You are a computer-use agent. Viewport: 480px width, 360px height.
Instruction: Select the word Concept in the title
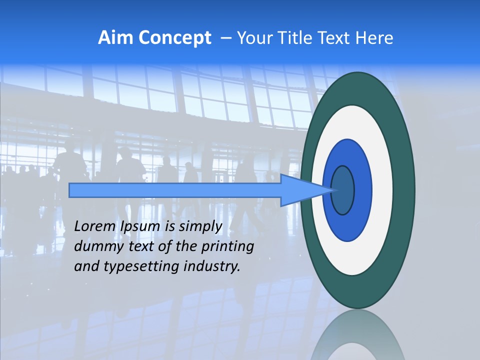(174, 38)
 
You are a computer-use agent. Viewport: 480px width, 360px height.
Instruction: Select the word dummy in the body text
(95, 247)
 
